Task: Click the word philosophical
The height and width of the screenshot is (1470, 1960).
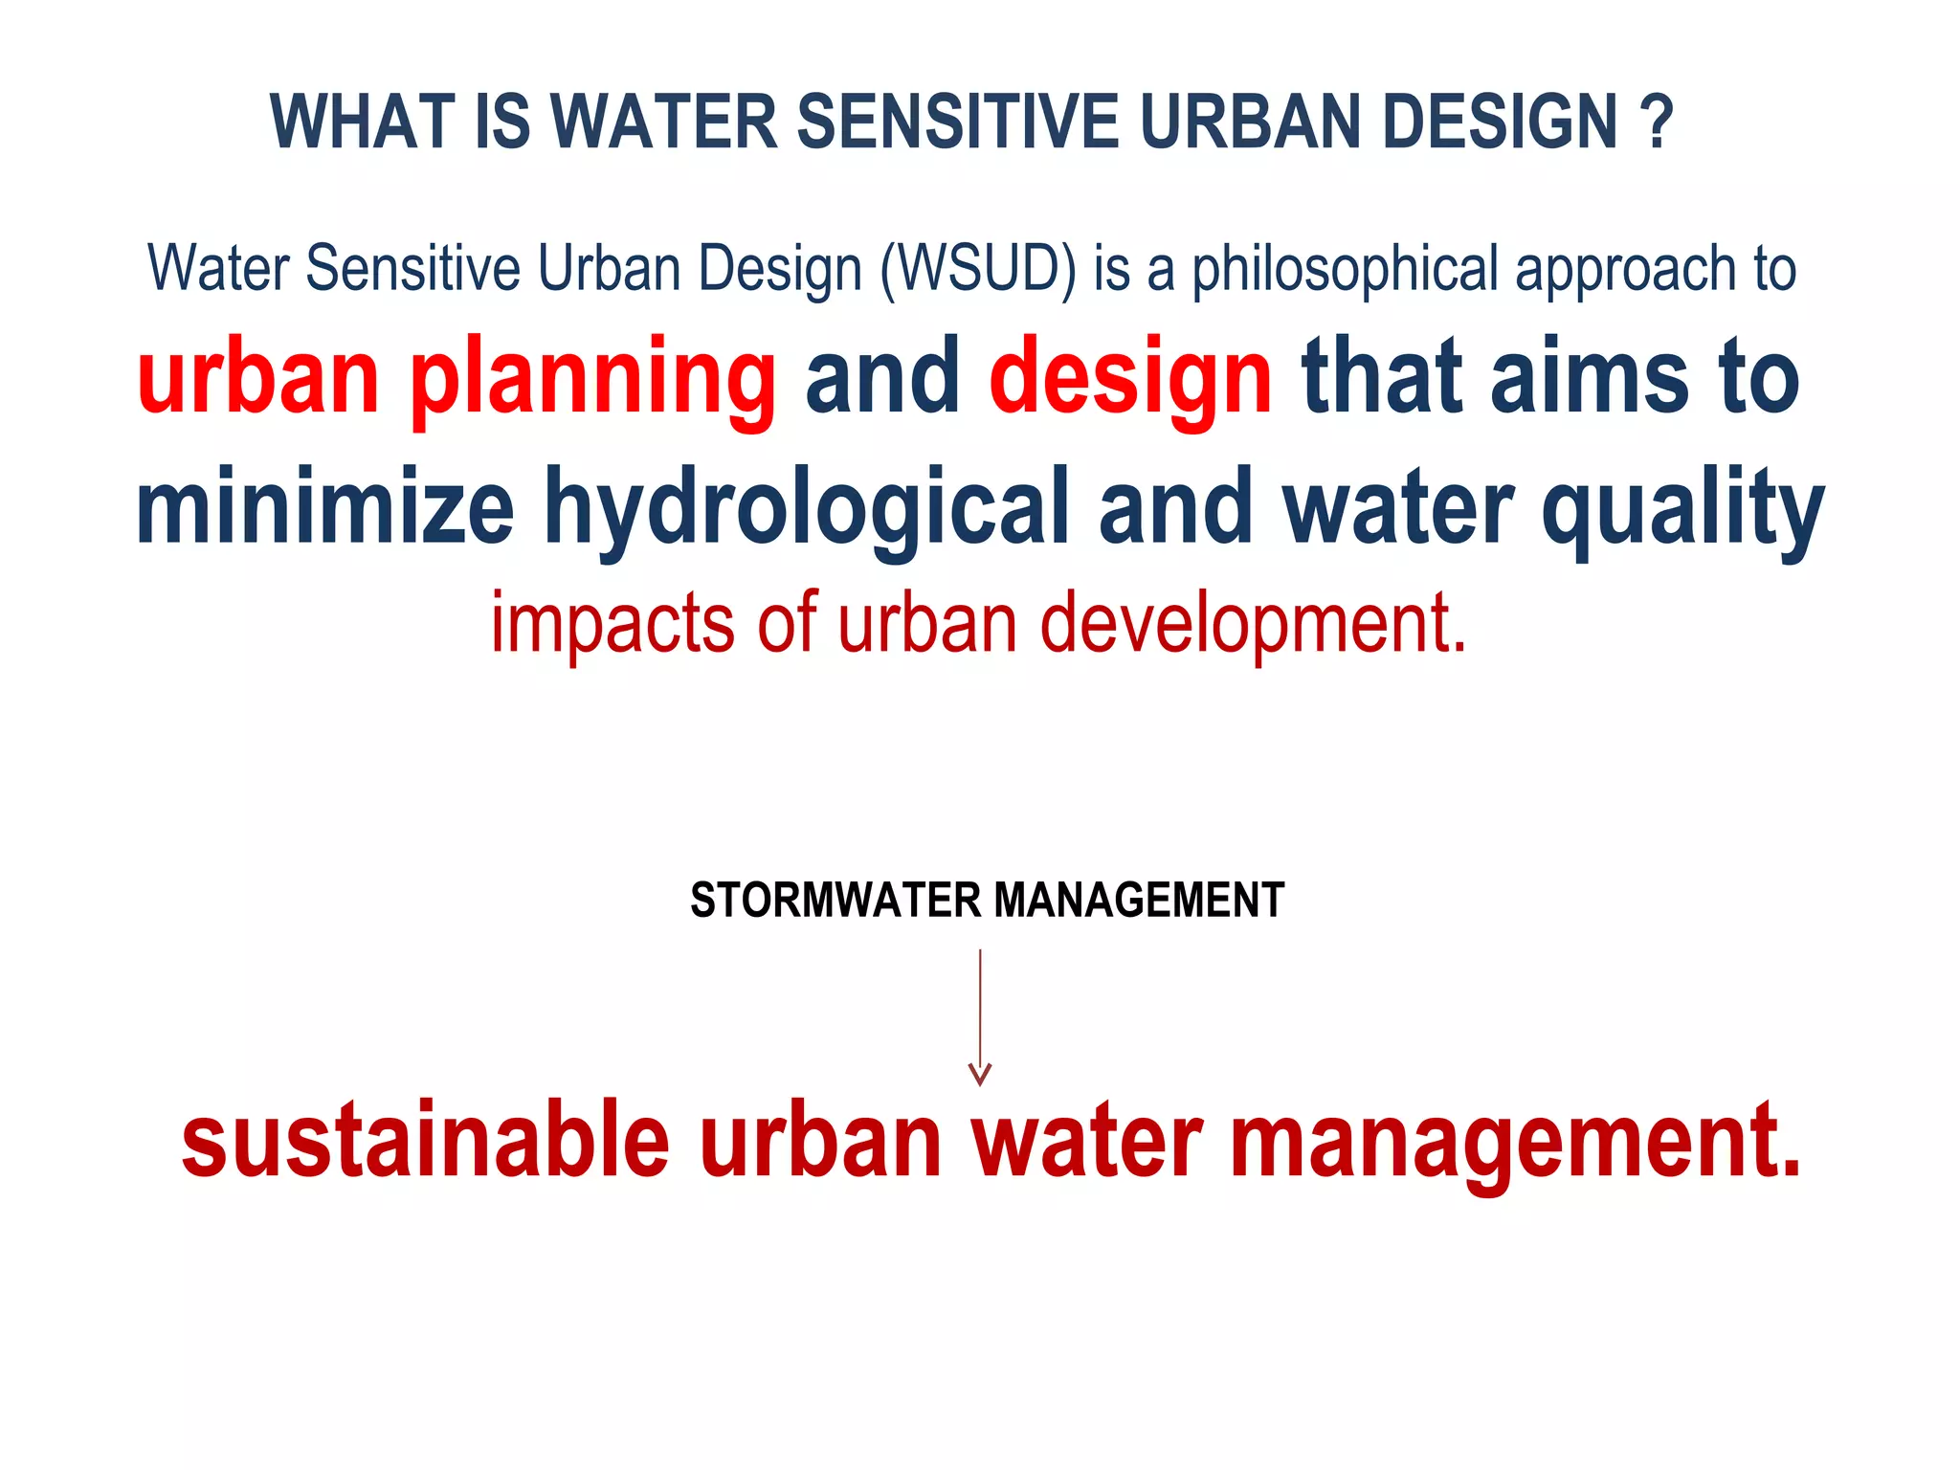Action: (x=1345, y=271)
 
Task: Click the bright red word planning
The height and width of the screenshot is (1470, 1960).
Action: (x=593, y=381)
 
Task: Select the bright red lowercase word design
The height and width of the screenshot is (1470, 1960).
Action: (x=1130, y=381)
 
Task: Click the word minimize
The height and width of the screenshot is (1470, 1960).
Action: (x=325, y=507)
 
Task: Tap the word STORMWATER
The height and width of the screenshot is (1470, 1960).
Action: (x=835, y=901)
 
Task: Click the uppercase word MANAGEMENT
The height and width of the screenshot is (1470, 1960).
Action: (x=1139, y=901)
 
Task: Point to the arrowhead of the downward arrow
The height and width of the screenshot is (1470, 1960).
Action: (x=980, y=1076)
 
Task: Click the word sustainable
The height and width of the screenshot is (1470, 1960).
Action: (x=426, y=1141)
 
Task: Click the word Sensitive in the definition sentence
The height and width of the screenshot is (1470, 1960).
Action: (x=412, y=269)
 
